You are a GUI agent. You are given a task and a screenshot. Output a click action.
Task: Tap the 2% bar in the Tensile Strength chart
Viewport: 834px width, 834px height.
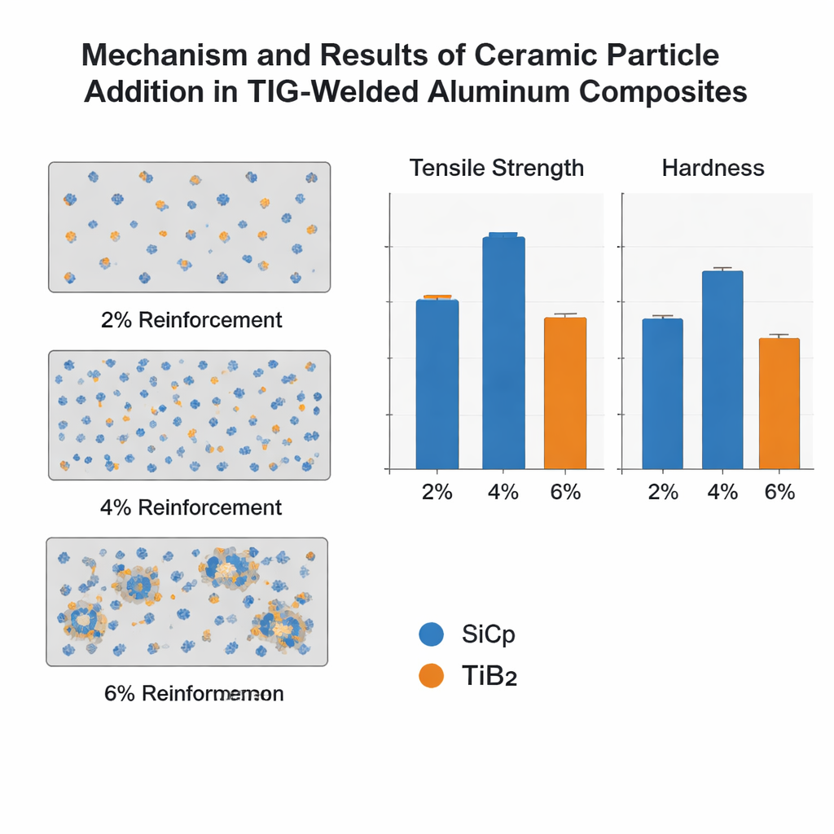tap(437, 384)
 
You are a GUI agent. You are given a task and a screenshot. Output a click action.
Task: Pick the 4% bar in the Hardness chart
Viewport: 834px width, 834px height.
tap(722, 370)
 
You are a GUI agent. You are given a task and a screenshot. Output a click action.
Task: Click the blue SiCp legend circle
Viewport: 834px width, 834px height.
tap(430, 634)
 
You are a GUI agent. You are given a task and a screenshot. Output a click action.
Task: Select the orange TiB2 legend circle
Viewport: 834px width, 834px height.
tap(430, 675)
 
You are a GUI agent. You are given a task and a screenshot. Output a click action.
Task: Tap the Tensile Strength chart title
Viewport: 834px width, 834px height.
tap(497, 168)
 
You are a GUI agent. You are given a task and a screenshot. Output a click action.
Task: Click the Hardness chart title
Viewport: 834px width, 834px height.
tap(713, 168)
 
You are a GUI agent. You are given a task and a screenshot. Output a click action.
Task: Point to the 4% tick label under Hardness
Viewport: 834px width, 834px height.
tap(722, 492)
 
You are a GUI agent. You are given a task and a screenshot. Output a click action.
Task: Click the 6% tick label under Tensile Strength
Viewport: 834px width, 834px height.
tap(565, 492)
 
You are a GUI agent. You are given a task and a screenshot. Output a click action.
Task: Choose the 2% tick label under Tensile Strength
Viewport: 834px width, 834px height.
tap(437, 492)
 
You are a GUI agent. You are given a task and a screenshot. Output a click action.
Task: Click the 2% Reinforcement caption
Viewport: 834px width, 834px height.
tap(191, 319)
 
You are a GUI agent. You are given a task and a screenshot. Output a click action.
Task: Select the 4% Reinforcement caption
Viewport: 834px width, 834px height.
tap(191, 507)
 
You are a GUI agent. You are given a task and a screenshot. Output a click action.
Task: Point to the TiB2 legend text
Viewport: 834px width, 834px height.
tap(489, 676)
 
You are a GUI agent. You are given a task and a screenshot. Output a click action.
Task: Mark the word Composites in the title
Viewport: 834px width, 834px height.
tap(664, 92)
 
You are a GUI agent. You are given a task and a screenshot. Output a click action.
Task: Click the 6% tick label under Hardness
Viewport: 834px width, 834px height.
tap(779, 492)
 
